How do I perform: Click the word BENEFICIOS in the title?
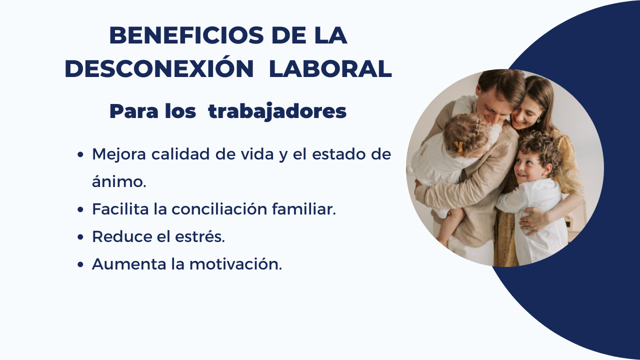pos(186,35)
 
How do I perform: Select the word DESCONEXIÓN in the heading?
pos(159,69)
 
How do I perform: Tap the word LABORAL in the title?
pos(330,69)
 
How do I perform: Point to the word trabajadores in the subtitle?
pos(277,111)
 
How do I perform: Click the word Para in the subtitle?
pos(134,111)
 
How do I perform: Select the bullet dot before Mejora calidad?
pos(80,154)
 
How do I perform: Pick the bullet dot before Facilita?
pos(80,209)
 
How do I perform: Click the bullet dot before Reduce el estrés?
pos(80,237)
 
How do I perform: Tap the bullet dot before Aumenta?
pos(80,264)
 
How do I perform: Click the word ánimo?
pos(119,181)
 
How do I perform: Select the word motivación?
pos(235,263)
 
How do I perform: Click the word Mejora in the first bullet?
pos(119,154)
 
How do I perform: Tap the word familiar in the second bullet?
pos(304,208)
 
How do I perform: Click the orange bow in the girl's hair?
pos(459,149)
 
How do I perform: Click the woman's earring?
pos(538,119)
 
